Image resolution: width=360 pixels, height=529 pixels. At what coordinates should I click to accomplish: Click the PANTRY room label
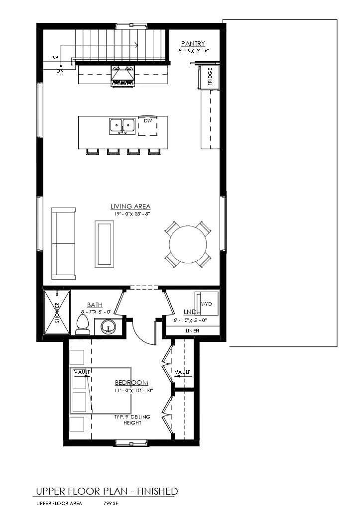pyautogui.click(x=193, y=44)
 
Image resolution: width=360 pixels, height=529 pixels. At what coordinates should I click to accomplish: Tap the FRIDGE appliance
pyautogui.click(x=210, y=78)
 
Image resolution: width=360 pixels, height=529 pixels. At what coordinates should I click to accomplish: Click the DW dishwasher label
pyautogui.click(x=147, y=121)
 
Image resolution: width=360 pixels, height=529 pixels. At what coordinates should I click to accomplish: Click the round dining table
pyautogui.click(x=188, y=244)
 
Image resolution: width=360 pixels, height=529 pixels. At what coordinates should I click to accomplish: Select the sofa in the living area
pyautogui.click(x=63, y=243)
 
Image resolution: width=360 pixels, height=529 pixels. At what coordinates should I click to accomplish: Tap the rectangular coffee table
pyautogui.click(x=105, y=244)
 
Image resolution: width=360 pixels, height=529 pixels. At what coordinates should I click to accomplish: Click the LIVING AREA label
pyautogui.click(x=130, y=207)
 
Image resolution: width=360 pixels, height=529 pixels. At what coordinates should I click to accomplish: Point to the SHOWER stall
pyautogui.click(x=57, y=313)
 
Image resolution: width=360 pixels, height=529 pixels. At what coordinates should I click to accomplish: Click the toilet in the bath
pyautogui.click(x=83, y=324)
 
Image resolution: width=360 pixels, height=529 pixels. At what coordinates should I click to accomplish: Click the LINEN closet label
pyautogui.click(x=192, y=330)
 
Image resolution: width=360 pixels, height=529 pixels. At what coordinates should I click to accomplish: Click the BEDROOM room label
pyautogui.click(x=131, y=382)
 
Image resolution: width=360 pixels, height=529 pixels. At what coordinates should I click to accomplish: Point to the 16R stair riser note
pyautogui.click(x=54, y=58)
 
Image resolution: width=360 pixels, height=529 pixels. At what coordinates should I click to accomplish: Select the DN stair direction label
pyautogui.click(x=60, y=71)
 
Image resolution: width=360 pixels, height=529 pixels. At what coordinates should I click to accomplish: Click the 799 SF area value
pyautogui.click(x=111, y=504)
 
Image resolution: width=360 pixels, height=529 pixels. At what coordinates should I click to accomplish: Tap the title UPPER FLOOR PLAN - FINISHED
pyautogui.click(x=106, y=491)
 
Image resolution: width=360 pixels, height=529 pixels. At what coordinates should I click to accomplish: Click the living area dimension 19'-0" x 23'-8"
pyautogui.click(x=130, y=214)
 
